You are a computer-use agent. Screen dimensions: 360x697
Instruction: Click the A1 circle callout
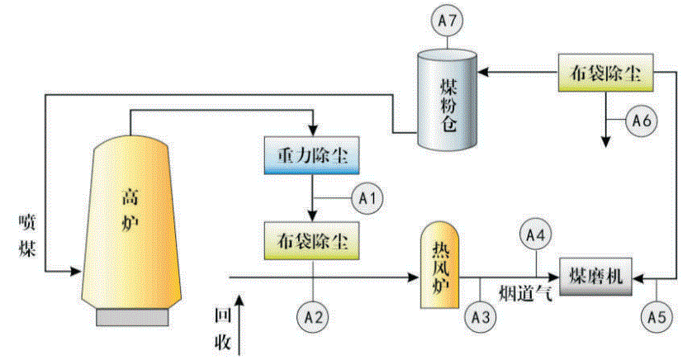tap(368, 198)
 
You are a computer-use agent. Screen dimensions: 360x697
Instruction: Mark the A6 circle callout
tap(642, 121)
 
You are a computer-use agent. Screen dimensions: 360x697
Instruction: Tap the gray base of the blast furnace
tap(131, 316)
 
